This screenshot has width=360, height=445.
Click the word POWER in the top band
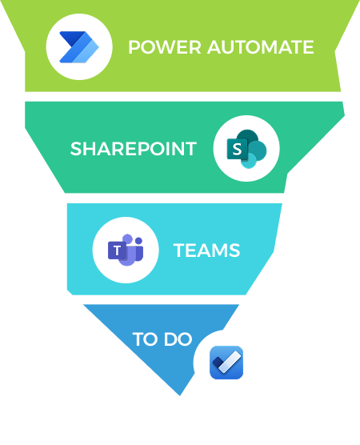coord(165,47)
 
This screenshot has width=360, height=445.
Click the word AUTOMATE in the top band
coord(261,47)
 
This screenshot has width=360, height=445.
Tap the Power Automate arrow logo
coord(79,47)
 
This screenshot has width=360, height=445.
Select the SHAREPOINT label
coord(134,148)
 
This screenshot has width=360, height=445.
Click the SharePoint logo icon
coord(247,149)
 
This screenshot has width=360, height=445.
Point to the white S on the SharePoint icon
coord(237,149)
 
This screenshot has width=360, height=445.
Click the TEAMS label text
coord(207,251)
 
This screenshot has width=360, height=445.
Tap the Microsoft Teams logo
coord(126,250)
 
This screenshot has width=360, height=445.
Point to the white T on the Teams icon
coord(117,251)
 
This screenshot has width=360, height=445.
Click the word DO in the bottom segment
coord(178,339)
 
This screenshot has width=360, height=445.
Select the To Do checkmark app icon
coord(226,363)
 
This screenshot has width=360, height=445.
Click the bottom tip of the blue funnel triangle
coord(179,395)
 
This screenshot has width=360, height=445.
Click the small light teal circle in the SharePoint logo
coord(249,162)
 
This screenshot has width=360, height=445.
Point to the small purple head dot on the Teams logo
coord(138,241)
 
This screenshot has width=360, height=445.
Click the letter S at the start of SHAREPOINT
coord(76,148)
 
